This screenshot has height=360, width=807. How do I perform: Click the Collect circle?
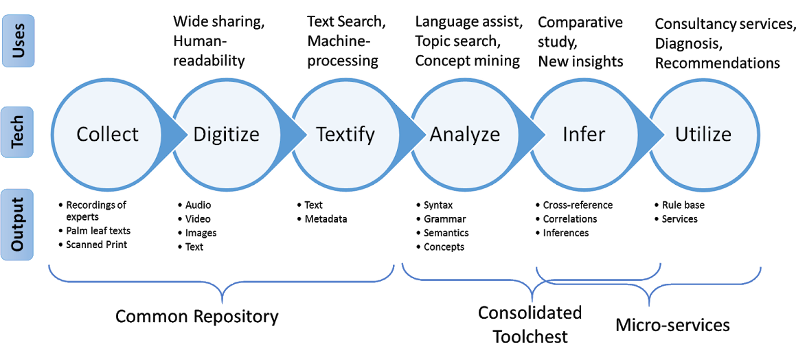pos(107,135)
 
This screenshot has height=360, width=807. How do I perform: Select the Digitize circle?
pos(226,135)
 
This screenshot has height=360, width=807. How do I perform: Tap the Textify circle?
pos(345,135)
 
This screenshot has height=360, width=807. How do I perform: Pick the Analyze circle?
pos(465,135)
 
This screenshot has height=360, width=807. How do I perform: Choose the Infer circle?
pos(584,135)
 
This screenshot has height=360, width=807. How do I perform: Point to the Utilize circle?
pos(703,135)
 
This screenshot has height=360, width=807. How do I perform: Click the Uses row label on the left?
pos(19,41)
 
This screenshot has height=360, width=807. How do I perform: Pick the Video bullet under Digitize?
pos(194,219)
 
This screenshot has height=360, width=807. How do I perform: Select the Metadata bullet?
pos(322,219)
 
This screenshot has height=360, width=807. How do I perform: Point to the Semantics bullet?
pos(442,233)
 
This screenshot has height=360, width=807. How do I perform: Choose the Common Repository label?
pos(196,316)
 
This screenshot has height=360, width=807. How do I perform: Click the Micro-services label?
pos(672,325)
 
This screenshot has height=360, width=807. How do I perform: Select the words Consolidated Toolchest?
pos(530,324)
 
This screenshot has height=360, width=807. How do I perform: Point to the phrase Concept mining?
pos(468,60)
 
